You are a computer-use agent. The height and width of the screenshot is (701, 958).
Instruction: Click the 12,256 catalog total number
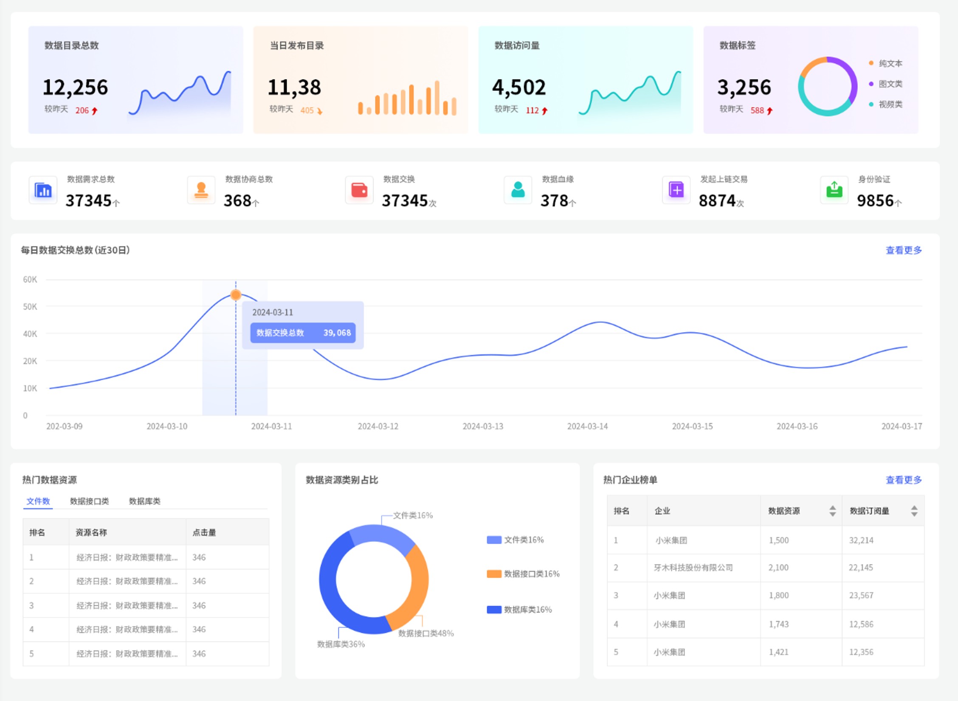(x=75, y=87)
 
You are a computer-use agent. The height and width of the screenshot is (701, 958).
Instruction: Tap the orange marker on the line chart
(x=236, y=294)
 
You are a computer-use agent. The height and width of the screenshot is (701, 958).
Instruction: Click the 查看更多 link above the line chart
(x=903, y=250)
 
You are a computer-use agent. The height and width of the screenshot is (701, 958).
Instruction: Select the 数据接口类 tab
(x=89, y=501)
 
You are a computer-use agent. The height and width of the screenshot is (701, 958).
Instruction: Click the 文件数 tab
(x=38, y=501)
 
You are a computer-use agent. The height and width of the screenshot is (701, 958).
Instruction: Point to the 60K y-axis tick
(x=30, y=280)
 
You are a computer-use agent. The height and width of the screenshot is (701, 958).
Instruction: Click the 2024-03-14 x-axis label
(x=587, y=426)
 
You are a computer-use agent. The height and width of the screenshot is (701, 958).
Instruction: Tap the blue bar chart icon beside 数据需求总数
(x=43, y=190)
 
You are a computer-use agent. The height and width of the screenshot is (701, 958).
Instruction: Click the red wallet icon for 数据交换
(x=359, y=190)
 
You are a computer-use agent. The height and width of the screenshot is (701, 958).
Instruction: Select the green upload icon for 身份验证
(x=834, y=190)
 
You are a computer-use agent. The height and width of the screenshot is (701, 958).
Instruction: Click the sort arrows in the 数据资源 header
(x=832, y=511)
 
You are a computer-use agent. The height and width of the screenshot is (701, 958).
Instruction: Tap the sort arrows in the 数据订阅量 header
(x=914, y=511)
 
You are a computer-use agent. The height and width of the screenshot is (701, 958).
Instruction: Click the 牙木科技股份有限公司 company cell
(x=693, y=568)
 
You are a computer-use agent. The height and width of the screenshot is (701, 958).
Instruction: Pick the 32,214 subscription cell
(x=861, y=540)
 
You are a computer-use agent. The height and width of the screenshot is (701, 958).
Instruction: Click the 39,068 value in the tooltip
(x=337, y=333)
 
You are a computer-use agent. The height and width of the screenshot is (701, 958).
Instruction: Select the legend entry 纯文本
(x=890, y=63)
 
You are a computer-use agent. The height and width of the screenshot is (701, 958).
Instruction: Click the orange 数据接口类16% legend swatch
(x=494, y=574)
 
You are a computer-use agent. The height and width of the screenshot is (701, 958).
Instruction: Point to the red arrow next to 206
(x=95, y=111)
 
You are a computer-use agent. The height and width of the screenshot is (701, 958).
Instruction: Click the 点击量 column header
(x=204, y=532)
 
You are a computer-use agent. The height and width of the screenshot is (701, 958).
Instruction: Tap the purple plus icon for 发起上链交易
(x=676, y=190)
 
